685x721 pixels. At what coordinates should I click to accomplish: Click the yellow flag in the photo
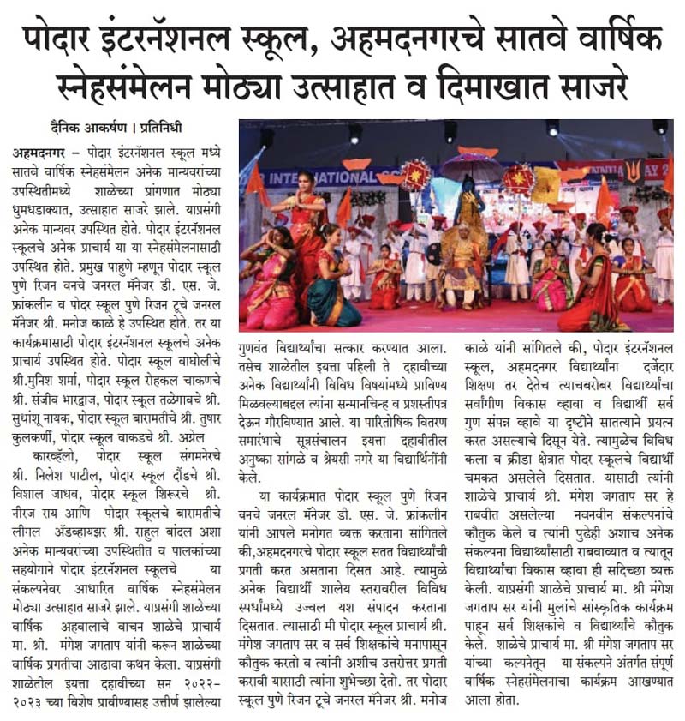pyautogui.click(x=545, y=184)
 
